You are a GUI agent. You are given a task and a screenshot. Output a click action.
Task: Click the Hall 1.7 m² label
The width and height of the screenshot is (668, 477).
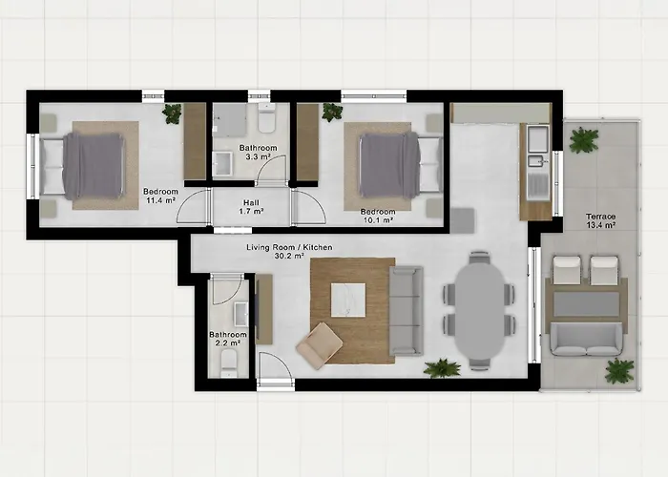[x=251, y=207]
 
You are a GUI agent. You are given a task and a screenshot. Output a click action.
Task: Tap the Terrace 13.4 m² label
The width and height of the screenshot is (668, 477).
[x=600, y=220]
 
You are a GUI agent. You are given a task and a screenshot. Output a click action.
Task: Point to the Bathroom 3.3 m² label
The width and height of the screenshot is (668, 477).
[x=259, y=152]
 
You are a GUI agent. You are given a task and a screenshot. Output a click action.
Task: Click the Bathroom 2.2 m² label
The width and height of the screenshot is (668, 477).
[x=228, y=339]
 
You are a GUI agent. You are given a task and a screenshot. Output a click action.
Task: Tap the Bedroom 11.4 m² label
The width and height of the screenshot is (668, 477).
[x=160, y=196]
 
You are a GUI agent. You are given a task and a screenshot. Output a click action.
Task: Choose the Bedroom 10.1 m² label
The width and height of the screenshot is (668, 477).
[x=378, y=216]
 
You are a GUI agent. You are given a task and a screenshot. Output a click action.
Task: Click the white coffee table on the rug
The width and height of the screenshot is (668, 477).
[x=348, y=300]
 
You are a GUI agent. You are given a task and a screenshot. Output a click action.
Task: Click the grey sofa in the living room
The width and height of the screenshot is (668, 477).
[x=406, y=311]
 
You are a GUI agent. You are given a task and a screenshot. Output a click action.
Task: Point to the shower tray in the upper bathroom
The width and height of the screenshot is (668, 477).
[x=230, y=120]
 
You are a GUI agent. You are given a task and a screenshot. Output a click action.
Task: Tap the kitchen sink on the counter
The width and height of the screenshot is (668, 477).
[x=537, y=160]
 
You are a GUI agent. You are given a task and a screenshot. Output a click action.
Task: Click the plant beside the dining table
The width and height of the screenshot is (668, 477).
[x=443, y=368]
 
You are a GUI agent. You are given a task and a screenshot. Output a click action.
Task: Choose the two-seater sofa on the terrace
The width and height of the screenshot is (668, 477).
[x=586, y=339]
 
